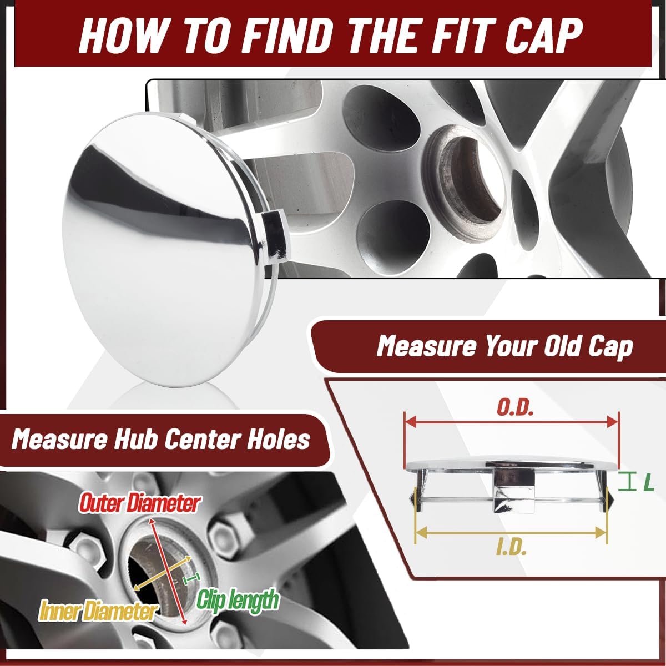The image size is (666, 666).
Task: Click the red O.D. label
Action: point(515,408)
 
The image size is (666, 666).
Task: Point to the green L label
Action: point(648,483)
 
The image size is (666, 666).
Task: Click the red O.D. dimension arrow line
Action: point(511,422)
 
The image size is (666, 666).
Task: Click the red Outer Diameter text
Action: point(140,503)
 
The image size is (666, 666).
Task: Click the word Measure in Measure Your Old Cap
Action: point(426,347)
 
